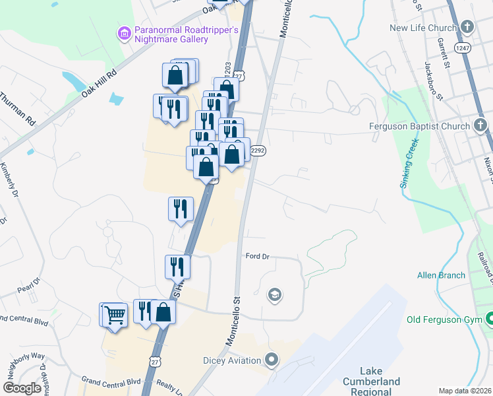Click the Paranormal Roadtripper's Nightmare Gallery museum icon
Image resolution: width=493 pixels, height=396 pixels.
[123, 32]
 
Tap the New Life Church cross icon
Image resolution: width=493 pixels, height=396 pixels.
[467, 28]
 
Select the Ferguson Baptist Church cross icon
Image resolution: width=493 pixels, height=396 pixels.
[480, 125]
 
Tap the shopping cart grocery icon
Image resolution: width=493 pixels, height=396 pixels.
[115, 315]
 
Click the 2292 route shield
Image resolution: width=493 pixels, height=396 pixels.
[258, 150]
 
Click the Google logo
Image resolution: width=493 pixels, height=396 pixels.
[22, 388]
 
